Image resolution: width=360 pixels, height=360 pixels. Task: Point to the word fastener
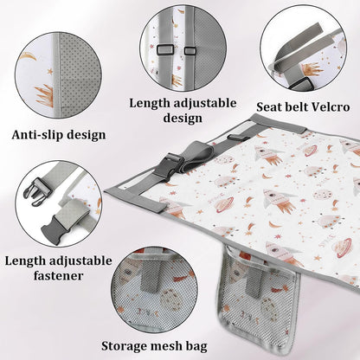tap(58, 275)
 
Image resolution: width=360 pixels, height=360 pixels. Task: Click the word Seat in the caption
tap(267, 107)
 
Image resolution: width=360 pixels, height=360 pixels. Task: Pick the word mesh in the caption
tap(167, 345)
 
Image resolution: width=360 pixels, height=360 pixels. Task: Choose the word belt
tap(292, 107)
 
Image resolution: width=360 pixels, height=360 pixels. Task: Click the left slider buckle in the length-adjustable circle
tap(164, 49)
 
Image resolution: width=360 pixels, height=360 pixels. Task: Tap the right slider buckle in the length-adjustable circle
tap(190, 51)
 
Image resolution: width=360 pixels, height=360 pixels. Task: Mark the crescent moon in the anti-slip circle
tap(28, 56)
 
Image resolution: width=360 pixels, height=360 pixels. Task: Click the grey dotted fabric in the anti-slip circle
tap(80, 76)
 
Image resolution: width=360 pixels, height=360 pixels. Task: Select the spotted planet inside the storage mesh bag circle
tap(170, 299)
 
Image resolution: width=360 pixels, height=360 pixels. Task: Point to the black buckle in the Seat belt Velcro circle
tap(300, 85)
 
